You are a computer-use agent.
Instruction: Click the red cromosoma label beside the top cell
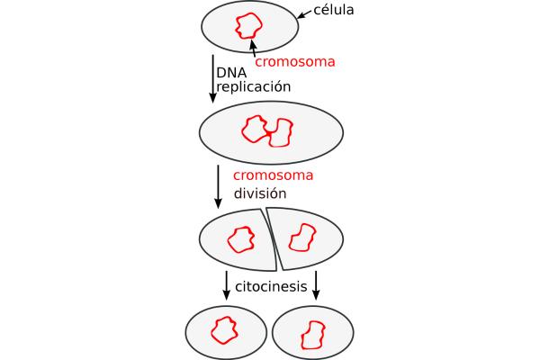[295, 62]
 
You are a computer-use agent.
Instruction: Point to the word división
[260, 193]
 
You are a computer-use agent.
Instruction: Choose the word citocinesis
[271, 287]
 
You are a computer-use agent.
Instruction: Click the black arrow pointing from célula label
[305, 15]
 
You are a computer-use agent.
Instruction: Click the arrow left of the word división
[218, 185]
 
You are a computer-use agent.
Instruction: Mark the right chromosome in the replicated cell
[282, 133]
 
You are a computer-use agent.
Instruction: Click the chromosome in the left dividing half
[240, 239]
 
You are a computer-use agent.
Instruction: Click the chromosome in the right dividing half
[301, 238]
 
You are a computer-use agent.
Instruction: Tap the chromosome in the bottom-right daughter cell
[312, 334]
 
